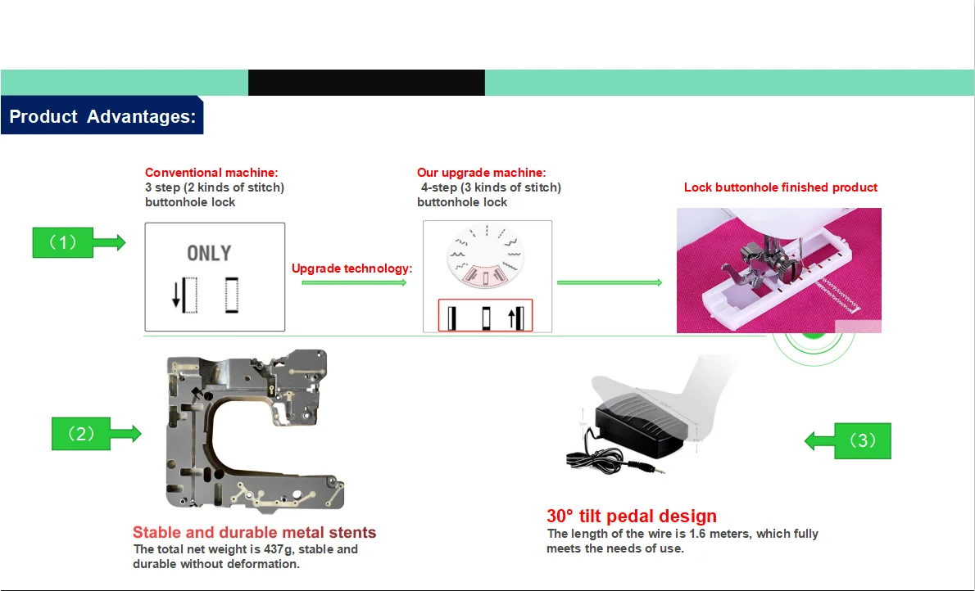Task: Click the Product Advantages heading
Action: (x=102, y=116)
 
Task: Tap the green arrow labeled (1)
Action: (x=79, y=242)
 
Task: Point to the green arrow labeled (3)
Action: (x=847, y=440)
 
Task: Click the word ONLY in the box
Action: (x=209, y=253)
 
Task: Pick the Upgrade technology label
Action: (x=351, y=268)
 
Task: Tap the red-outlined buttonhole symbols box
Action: (x=485, y=316)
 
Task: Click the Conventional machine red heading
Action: (x=211, y=173)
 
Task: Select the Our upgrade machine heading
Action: (x=481, y=173)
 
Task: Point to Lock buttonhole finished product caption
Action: (x=780, y=187)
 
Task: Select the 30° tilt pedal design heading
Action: (x=631, y=517)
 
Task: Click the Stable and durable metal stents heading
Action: (x=254, y=533)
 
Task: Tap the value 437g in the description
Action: (x=284, y=549)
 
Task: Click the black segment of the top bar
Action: (x=366, y=83)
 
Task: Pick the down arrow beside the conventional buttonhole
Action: (x=176, y=296)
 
